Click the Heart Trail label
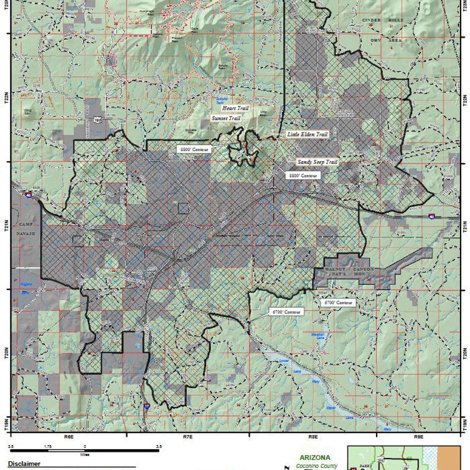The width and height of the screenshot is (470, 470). [x=235, y=108]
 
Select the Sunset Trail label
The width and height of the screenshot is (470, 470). [x=226, y=118]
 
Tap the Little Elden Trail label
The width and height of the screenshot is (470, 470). [x=307, y=134]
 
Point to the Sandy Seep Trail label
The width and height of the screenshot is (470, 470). [x=317, y=162]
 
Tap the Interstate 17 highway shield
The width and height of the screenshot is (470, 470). [x=146, y=408]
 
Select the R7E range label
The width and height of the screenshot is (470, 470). [x=188, y=436]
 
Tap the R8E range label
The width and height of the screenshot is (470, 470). [x=312, y=436]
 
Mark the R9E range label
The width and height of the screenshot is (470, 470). [x=418, y=436]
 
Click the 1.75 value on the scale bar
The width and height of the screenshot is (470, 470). [x=47, y=446]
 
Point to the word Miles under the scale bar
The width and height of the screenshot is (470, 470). [x=85, y=455]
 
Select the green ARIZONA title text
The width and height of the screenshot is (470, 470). [x=315, y=457]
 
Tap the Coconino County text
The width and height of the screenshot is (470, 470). [x=316, y=466]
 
